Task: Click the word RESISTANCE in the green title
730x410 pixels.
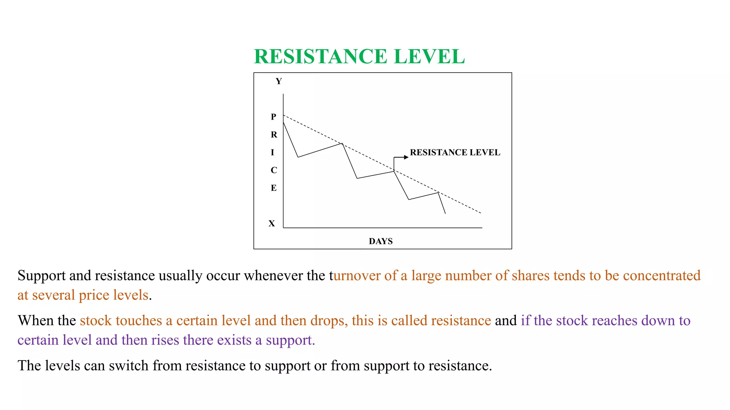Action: pos(320,57)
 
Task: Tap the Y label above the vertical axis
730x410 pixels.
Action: pos(279,82)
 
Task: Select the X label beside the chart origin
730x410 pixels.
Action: pos(272,224)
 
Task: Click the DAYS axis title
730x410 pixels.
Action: pos(381,241)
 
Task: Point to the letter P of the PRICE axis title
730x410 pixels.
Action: pos(273,117)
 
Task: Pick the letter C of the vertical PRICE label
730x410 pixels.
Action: pos(274,170)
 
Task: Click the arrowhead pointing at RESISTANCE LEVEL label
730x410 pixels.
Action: pos(406,157)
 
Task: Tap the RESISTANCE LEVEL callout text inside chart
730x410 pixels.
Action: pos(455,152)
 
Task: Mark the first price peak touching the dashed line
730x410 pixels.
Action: pos(342,143)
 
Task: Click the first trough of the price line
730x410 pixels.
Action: pos(298,157)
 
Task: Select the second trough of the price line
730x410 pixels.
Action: pos(357,178)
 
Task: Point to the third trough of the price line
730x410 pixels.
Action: pos(409,199)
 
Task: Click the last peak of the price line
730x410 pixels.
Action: pos(438,193)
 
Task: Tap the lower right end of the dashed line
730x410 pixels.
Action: pos(481,213)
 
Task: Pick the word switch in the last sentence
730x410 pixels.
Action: pos(129,366)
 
